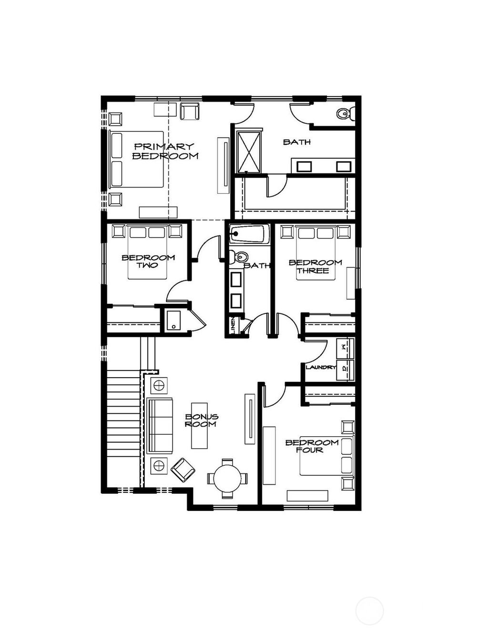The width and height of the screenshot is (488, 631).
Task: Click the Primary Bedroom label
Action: click(x=165, y=151)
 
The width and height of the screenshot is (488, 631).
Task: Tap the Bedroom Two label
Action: click(x=148, y=261)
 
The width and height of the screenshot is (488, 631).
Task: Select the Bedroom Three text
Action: click(x=315, y=266)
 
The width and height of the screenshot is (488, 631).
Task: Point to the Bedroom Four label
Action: click(x=312, y=446)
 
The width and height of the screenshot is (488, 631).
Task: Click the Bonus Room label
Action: click(x=201, y=420)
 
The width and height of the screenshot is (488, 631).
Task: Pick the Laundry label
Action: click(x=321, y=367)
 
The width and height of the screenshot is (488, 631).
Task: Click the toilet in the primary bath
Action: click(x=344, y=114)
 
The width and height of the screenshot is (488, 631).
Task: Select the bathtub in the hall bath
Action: click(x=249, y=234)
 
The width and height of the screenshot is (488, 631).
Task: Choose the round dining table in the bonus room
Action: click(x=227, y=478)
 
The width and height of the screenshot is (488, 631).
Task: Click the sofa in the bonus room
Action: click(x=160, y=425)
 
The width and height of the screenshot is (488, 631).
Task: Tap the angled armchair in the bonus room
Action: click(x=183, y=470)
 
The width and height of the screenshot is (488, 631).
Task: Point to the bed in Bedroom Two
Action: click(x=148, y=255)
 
